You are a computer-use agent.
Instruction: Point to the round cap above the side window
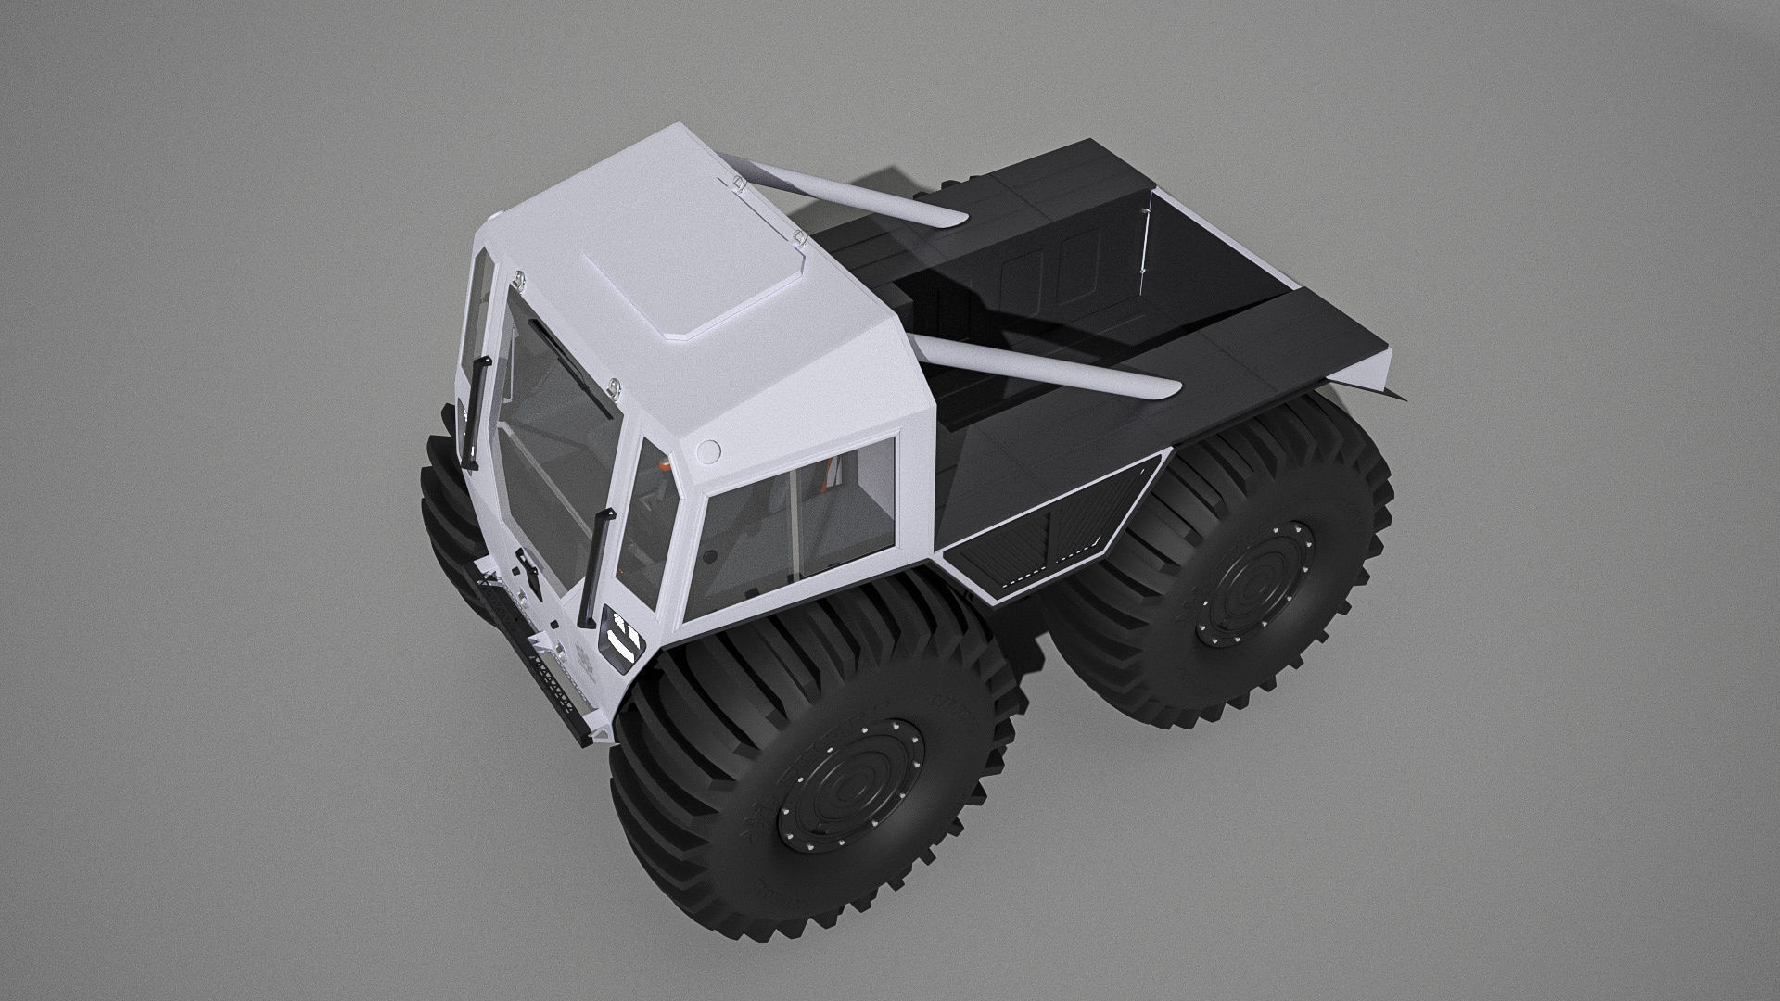pyautogui.click(x=708, y=451)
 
